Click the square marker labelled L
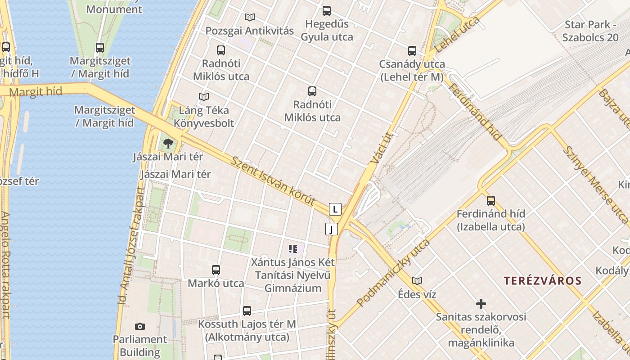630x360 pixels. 335,209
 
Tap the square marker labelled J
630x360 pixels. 332,229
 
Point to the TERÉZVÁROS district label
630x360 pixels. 542,281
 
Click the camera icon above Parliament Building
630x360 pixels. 140,326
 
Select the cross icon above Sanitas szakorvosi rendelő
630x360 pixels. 481,304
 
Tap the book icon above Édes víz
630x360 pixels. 417,281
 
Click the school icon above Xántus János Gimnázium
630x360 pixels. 293,249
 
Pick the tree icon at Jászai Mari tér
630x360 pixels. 168,144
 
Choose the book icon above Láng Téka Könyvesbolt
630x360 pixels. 204,97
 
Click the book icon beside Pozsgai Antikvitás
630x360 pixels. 250,18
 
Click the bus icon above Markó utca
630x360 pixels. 216,270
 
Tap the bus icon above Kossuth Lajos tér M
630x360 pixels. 247,311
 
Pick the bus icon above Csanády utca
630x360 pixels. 412,51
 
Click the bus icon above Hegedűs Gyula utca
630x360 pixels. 327,11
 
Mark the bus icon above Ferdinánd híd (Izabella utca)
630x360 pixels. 491,201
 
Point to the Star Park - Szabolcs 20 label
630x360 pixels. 590,31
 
